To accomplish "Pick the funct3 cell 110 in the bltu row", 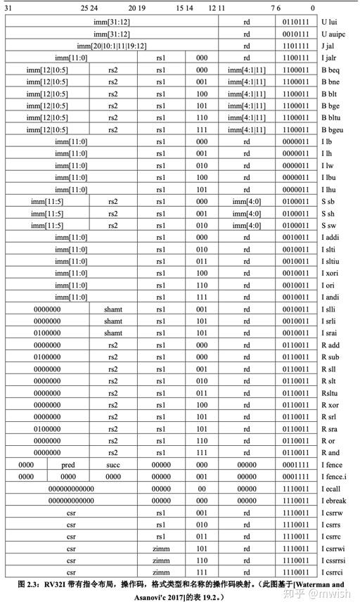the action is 202,117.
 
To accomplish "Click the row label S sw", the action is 330,225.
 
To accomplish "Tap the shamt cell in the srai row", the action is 113,333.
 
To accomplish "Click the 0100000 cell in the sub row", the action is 47,357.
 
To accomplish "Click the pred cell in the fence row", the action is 68,464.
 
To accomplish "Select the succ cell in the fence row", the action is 113,464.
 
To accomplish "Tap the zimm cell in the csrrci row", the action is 161,572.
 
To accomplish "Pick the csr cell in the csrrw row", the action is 70,512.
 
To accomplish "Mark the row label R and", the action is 330,452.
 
